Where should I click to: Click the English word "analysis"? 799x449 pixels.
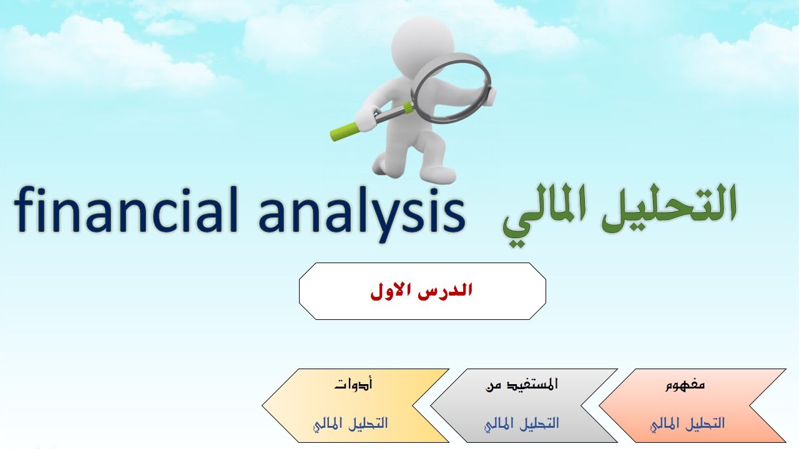pos(361,212)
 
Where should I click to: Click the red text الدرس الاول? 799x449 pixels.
pos(421,291)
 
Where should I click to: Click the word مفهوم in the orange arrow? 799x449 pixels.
pos(685,384)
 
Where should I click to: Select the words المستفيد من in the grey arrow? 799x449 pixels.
pos(522,384)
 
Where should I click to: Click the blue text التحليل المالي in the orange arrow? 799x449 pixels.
pos(687,423)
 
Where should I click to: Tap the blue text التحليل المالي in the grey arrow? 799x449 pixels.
pos(522,423)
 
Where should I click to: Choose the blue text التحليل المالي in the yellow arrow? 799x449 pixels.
pos(351,423)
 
